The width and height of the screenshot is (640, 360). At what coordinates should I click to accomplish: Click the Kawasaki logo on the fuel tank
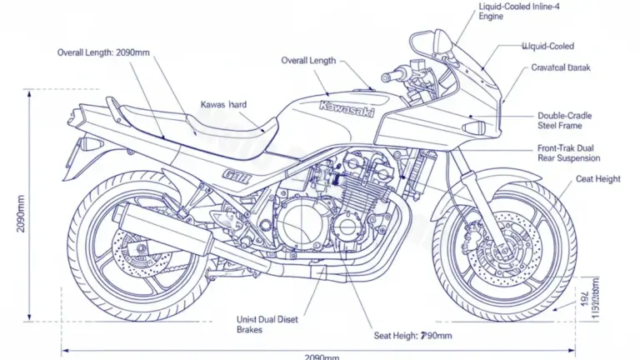click(347, 109)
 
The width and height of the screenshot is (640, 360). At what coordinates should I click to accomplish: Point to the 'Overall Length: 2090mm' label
click(103, 52)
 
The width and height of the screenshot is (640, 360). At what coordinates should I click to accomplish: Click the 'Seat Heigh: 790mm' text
click(413, 336)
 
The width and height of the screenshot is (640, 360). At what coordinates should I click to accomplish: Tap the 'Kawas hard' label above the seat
click(224, 105)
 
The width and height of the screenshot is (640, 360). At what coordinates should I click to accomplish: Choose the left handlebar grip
click(392, 77)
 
